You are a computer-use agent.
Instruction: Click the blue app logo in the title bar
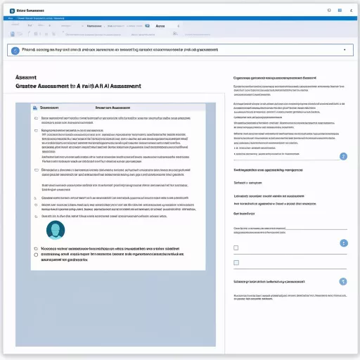[x=11, y=11]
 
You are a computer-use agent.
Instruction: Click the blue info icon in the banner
[x=16, y=50]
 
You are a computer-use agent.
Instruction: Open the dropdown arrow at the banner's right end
[x=344, y=50]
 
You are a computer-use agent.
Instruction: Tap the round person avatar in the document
[x=56, y=229]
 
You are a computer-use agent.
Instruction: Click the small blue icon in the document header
[x=34, y=108]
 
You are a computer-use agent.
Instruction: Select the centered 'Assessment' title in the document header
[x=115, y=108]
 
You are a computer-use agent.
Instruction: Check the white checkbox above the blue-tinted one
[x=236, y=248]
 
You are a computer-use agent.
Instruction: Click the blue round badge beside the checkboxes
[x=343, y=243]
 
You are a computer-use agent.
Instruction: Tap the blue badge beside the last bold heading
[x=343, y=281]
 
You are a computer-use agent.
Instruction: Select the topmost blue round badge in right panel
[x=343, y=157]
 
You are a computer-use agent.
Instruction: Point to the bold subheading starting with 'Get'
[x=243, y=213]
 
